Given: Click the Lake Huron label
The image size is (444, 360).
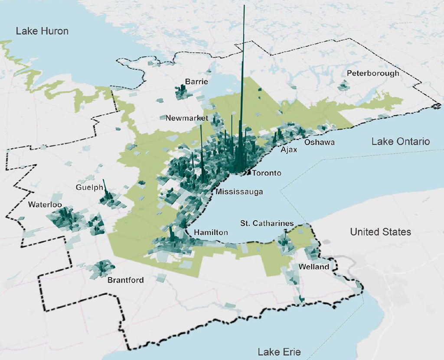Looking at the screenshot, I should [42, 31].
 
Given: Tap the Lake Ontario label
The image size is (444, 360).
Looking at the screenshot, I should [401, 142].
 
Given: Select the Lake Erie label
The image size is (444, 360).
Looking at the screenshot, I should [279, 351].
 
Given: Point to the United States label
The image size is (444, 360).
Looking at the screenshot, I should [380, 232].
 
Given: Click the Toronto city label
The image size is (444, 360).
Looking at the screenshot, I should [266, 173].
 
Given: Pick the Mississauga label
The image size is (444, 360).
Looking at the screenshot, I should [239, 192].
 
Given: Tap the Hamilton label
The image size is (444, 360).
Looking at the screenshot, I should [211, 233].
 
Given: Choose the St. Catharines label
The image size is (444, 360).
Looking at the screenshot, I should [267, 224].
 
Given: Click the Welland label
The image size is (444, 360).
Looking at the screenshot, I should [313, 267].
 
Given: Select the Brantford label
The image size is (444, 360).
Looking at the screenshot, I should [125, 280].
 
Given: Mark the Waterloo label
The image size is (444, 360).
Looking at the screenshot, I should [45, 204].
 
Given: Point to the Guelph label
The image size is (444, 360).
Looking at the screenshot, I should [88, 188].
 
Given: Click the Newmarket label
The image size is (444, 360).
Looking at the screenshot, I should [187, 118].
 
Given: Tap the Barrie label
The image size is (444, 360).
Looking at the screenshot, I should [196, 81].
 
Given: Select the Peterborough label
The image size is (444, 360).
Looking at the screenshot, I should [373, 73].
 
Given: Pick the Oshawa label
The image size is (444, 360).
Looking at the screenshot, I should [319, 142].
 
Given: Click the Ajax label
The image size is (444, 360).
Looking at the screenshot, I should [289, 150].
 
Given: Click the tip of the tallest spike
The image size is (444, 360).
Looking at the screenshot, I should [245, 6].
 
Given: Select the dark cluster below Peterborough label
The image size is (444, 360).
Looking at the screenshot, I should [343, 85].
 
